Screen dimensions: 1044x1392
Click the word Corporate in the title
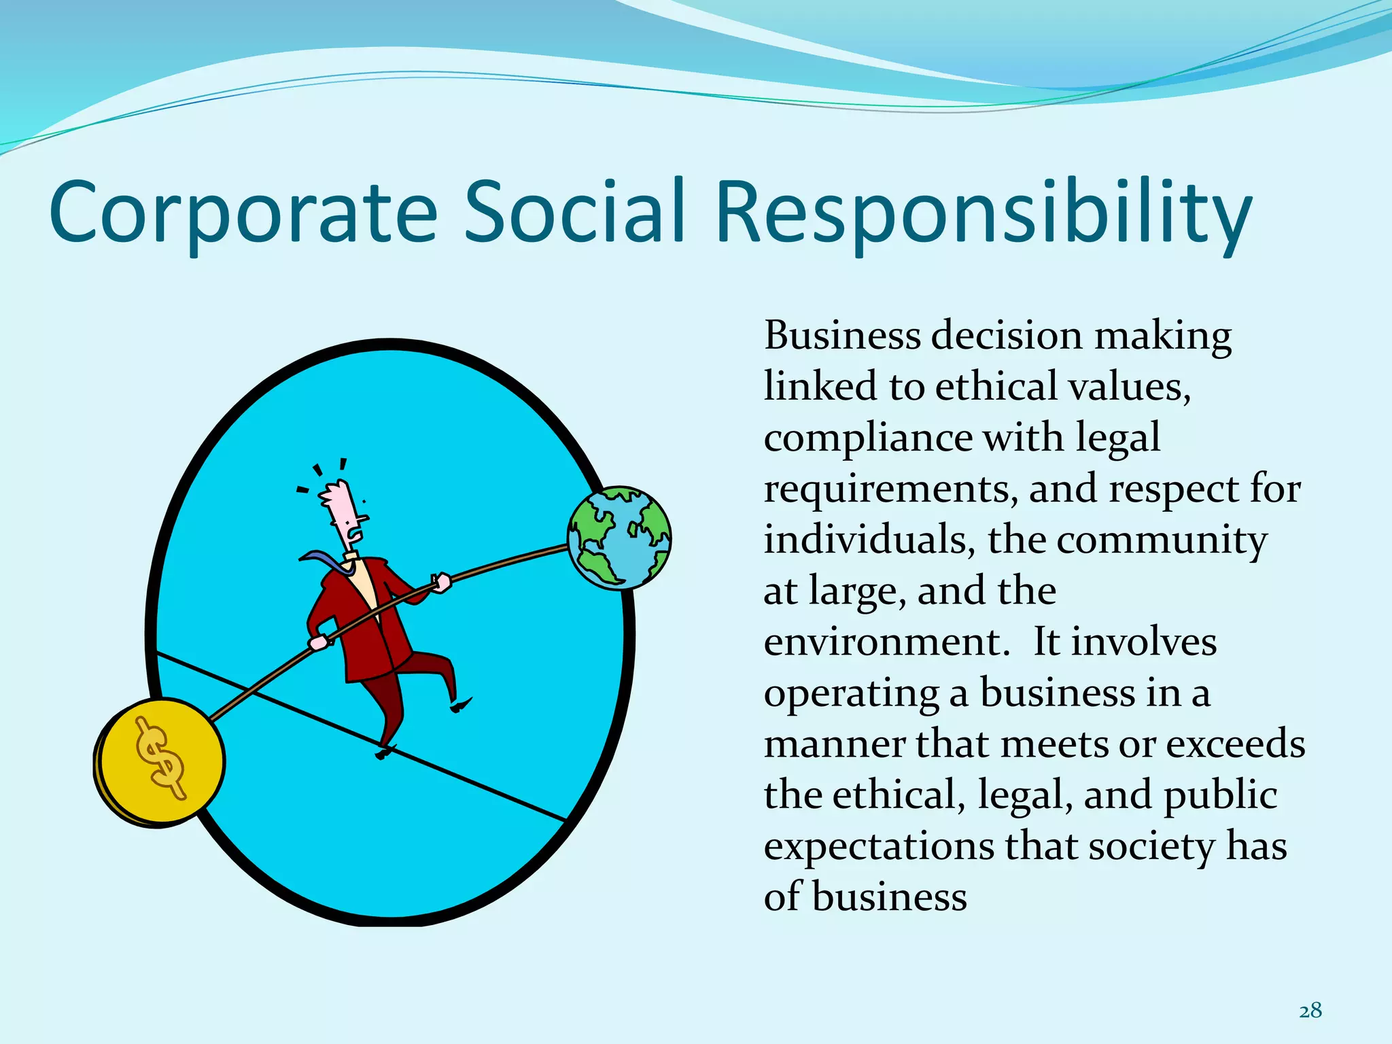click(x=243, y=212)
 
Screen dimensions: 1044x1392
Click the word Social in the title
click(x=573, y=212)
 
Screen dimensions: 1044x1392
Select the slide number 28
click(x=1310, y=1011)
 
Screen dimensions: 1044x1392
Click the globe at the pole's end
click(x=619, y=538)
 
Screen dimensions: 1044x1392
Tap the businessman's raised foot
click(x=461, y=704)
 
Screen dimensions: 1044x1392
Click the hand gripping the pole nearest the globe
click(x=441, y=582)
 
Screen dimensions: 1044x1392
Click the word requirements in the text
click(x=890, y=489)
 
